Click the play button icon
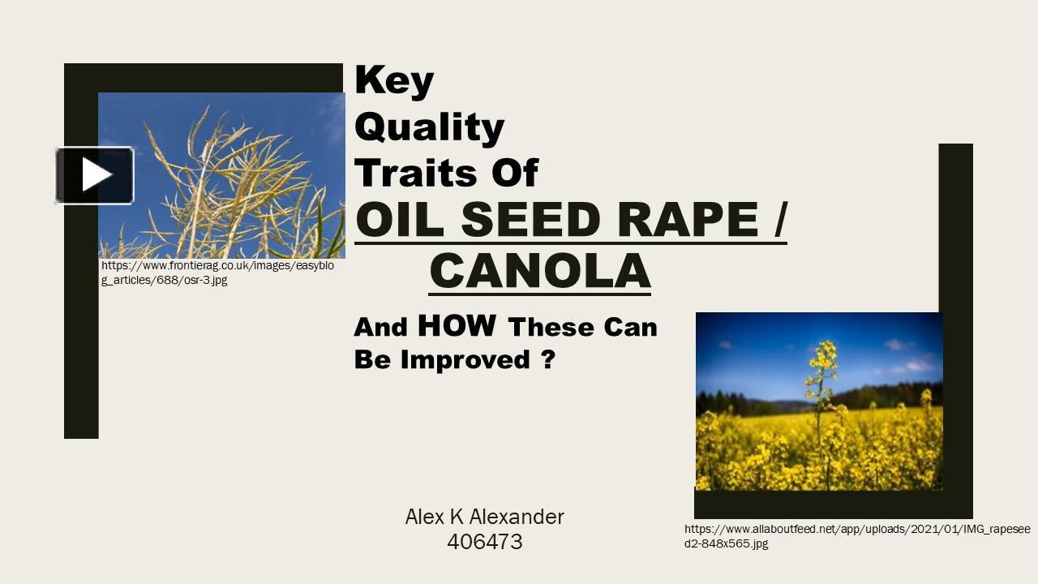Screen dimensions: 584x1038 click(x=95, y=175)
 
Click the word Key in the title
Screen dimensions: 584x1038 click(x=394, y=81)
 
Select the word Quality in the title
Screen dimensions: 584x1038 click(x=430, y=128)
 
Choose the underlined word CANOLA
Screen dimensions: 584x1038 click(x=539, y=271)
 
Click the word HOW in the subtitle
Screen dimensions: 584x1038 click(x=457, y=326)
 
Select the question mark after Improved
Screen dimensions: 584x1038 click(x=547, y=359)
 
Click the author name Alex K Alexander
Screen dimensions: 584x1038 click(x=484, y=517)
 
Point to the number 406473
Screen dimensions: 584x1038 click(x=484, y=542)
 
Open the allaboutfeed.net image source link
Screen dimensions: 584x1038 click(x=857, y=536)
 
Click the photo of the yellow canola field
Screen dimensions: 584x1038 click(x=819, y=401)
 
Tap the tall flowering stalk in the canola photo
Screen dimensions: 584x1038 click(x=821, y=381)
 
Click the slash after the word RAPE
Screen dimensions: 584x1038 click(x=778, y=219)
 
